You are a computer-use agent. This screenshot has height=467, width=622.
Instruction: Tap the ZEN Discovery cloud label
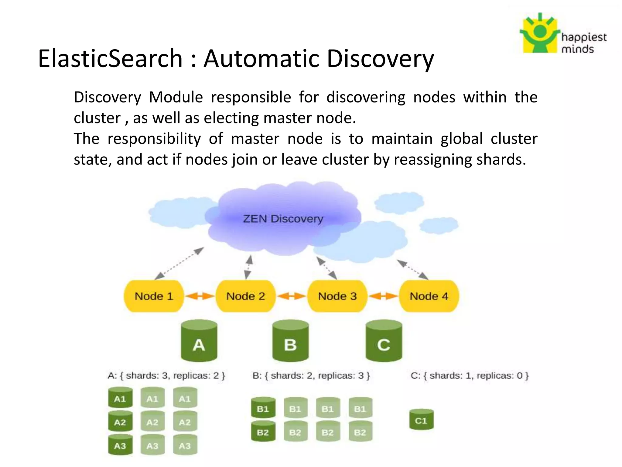tap(283, 219)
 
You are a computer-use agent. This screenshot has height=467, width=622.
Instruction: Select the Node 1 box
tap(154, 296)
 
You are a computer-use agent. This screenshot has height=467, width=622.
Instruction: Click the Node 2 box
tap(245, 296)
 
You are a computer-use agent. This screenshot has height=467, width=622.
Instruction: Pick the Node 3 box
tap(337, 296)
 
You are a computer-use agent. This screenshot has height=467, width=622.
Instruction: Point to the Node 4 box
tap(429, 296)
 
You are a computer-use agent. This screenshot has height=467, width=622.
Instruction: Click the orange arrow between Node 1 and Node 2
tap(200, 296)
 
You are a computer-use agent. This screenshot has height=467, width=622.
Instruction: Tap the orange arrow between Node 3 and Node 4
tap(383, 296)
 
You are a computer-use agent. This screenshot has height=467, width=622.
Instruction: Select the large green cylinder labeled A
tap(199, 341)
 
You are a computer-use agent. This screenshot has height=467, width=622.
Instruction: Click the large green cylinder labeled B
tap(290, 341)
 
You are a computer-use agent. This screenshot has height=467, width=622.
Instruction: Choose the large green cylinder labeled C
tap(384, 341)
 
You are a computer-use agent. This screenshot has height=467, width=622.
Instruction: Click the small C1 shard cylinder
tap(421, 420)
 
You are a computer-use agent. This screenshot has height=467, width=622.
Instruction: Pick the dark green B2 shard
tap(263, 431)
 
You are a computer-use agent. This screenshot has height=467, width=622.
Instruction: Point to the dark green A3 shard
tap(120, 445)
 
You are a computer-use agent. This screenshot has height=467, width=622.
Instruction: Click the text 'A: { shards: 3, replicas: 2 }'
tap(166, 376)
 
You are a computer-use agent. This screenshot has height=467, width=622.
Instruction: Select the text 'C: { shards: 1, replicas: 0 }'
tap(470, 376)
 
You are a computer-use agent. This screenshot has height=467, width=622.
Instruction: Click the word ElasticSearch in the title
tap(110, 58)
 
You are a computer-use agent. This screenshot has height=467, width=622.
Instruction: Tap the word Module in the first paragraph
tap(176, 97)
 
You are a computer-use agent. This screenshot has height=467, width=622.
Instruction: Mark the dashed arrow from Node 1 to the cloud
tap(179, 263)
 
